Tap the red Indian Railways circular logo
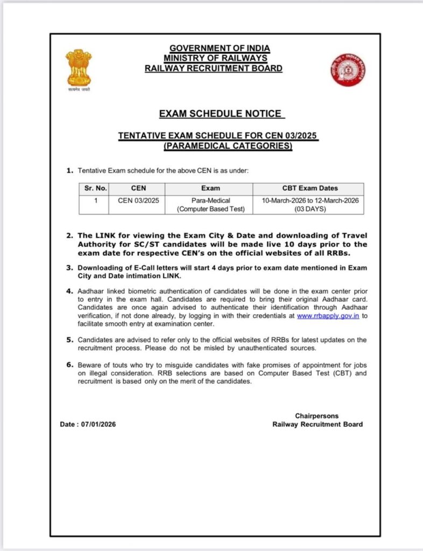coord(348,69)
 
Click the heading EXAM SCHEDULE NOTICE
coord(220,114)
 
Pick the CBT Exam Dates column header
coord(310,188)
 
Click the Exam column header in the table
coord(210,188)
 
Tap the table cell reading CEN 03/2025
coord(139,200)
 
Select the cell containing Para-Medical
coord(210,200)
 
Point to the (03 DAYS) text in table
coord(309,209)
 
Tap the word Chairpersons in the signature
coord(318,416)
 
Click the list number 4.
coord(70,291)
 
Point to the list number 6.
coord(70,365)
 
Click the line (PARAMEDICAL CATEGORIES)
coord(228,146)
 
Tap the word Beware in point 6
coord(89,365)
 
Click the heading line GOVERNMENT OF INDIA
coord(220,48)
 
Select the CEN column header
coord(139,188)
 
